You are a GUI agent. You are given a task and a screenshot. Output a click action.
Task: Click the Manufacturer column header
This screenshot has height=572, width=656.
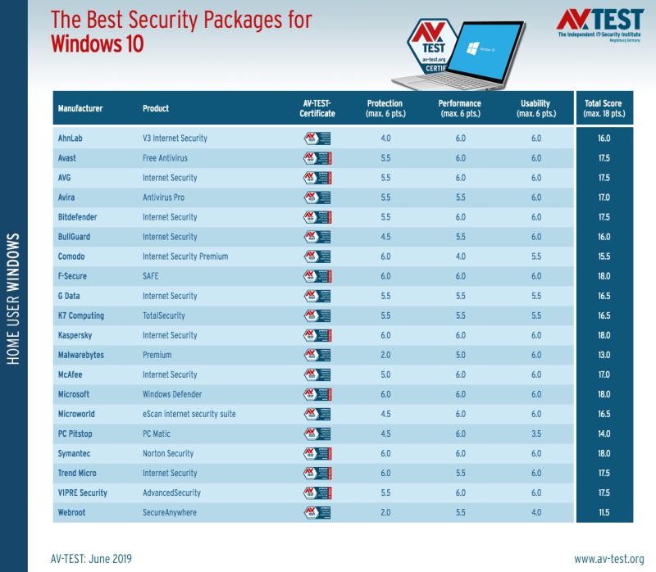80,108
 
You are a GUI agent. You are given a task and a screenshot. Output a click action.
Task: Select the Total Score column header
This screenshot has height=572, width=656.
604,108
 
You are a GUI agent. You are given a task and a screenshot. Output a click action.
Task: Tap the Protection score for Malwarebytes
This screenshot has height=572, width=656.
384,355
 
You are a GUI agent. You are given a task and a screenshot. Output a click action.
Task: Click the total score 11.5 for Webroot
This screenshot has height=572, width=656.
604,512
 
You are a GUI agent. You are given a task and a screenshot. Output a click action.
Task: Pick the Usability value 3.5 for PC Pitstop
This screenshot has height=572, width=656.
536,434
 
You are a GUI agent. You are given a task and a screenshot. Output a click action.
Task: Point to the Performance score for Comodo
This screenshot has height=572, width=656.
460,256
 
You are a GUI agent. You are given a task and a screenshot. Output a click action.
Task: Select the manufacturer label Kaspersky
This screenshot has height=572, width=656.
76,335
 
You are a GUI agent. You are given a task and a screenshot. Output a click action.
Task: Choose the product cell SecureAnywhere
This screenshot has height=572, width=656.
171,512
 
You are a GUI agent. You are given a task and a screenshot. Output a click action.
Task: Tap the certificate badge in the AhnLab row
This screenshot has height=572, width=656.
317,138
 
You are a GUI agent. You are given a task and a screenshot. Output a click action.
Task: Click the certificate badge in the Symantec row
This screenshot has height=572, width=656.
317,453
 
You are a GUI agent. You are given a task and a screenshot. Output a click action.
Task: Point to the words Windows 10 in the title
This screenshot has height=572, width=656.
97,43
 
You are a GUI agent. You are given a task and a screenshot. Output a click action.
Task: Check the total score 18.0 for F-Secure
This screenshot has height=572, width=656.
604,276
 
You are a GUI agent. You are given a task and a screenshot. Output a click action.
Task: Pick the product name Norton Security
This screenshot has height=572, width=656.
168,453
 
